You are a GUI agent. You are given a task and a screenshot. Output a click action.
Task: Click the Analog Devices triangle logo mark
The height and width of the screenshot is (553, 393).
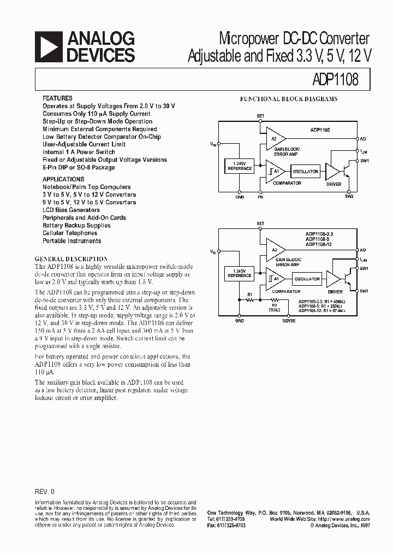(47, 46)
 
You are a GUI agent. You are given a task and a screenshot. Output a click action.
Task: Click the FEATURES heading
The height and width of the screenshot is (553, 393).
(57, 98)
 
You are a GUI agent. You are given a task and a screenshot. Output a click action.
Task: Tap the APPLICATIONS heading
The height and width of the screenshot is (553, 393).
(63, 179)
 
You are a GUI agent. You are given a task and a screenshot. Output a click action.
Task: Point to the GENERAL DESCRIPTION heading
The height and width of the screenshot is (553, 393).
(71, 258)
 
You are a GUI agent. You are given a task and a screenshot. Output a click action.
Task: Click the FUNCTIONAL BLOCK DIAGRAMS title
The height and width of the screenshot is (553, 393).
(289, 99)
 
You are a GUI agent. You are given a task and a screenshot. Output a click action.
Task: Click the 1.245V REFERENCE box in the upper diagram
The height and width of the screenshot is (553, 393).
(239, 166)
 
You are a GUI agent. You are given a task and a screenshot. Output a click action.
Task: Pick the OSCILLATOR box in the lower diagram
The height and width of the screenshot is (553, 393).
(307, 279)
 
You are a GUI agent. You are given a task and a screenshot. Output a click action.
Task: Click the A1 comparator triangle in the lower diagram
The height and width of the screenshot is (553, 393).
(275, 279)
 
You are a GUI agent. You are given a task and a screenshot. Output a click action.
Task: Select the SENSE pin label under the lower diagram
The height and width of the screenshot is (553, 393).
(289, 321)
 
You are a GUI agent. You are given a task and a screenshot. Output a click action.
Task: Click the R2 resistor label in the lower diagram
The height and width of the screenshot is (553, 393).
(260, 305)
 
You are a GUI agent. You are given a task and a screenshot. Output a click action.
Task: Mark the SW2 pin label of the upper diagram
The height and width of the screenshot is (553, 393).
(349, 196)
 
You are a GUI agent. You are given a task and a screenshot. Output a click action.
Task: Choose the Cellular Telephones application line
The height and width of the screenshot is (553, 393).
(70, 233)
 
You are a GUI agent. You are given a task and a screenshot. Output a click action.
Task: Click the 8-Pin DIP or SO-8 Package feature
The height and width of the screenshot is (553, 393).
(79, 167)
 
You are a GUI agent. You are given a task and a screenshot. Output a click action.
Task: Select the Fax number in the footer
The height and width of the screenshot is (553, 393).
(226, 525)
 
